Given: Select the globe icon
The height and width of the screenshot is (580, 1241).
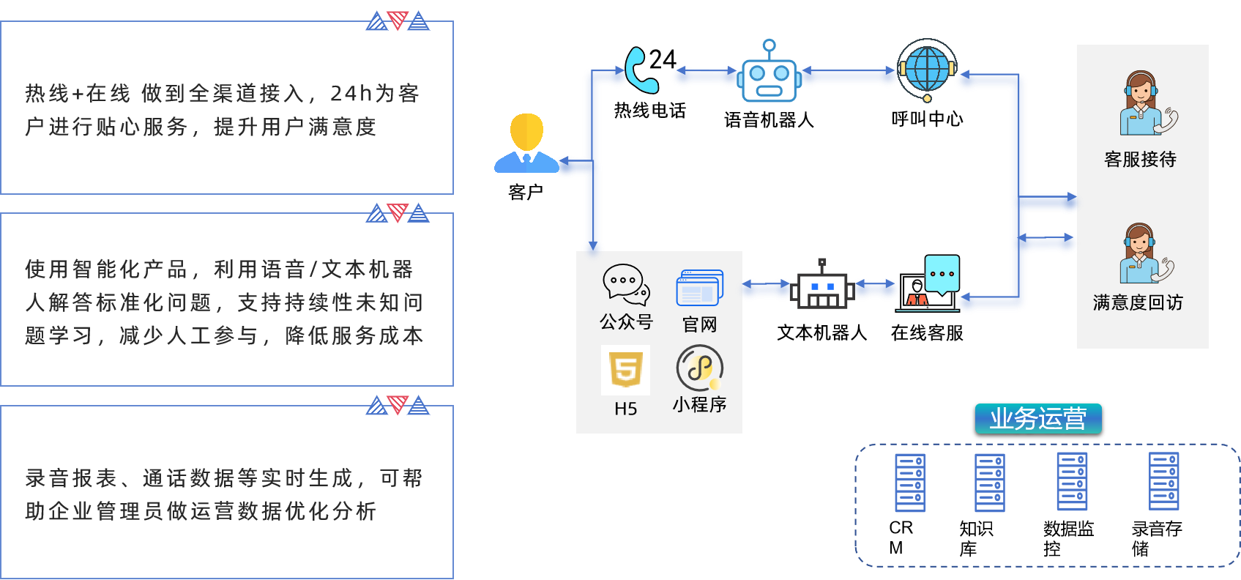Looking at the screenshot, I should [927, 69].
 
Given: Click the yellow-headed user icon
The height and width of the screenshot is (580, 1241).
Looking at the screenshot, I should [526, 144].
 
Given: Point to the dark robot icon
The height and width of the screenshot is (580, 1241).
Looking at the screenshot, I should [822, 287].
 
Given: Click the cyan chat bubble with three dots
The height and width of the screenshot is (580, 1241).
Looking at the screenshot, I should [942, 274].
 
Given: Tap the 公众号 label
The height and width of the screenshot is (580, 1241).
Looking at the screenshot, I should [626, 321].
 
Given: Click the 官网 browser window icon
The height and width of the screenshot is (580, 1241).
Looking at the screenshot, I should [700, 287].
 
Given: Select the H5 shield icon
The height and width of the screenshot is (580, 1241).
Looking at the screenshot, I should [626, 370].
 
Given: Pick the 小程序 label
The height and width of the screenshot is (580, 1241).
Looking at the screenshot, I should [699, 404].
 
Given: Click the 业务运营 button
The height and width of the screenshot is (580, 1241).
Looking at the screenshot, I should [1038, 419].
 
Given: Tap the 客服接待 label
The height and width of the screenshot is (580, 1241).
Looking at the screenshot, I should [1140, 159].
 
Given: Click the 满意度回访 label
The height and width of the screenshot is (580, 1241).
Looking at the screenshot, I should [1138, 302].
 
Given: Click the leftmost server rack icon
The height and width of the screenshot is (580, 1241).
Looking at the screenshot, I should [910, 483].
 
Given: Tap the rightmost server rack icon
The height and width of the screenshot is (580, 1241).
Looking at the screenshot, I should [1163, 481].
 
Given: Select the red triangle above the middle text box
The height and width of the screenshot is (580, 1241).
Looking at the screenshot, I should [397, 212].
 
